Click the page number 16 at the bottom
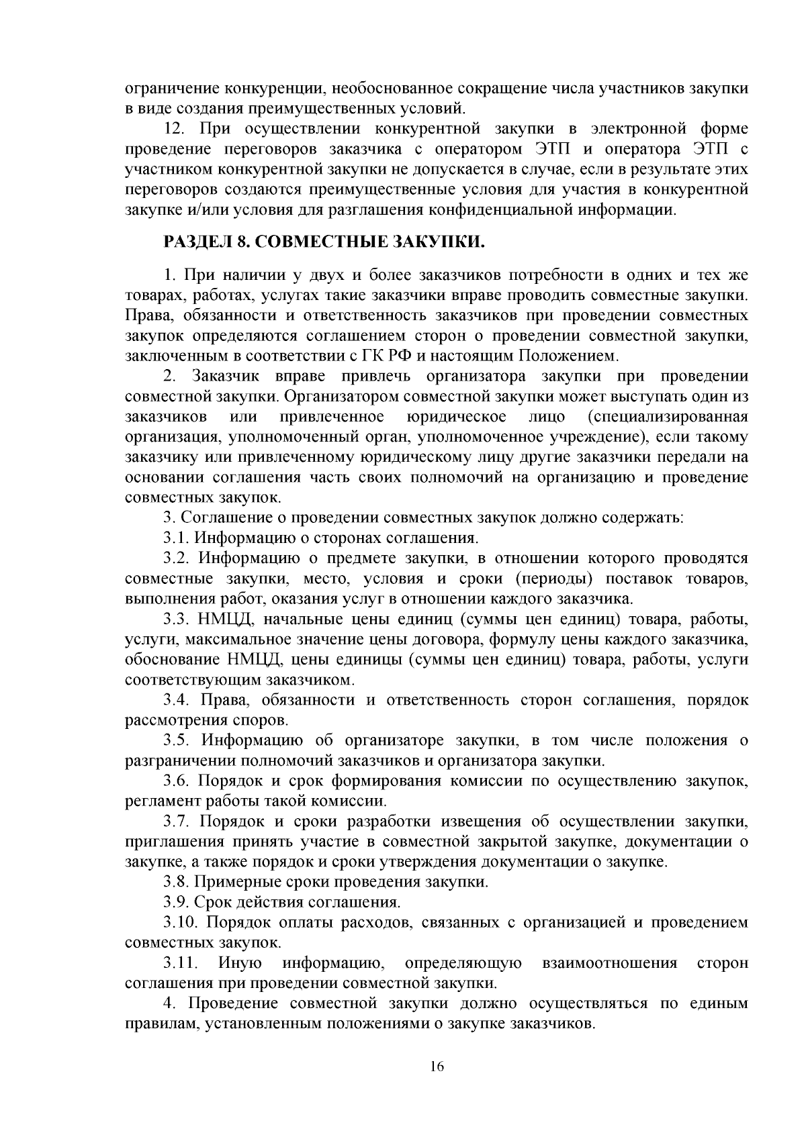point(437,1068)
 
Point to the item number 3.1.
point(176,538)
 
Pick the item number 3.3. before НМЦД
point(177,619)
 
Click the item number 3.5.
point(178,741)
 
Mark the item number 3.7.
point(177,822)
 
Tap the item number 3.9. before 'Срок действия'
point(176,902)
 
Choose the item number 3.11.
point(181,964)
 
